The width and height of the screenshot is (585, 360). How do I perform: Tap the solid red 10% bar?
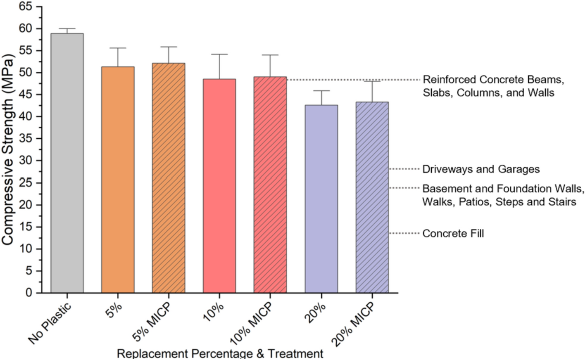(219, 186)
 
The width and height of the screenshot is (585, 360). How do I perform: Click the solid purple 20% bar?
(321, 199)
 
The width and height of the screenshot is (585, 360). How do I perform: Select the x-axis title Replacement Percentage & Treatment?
(220, 354)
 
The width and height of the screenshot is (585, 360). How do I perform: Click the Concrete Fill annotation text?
(453, 234)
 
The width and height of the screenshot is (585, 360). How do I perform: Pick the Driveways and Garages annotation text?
(481, 169)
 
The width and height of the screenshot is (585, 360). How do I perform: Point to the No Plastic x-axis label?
(50, 323)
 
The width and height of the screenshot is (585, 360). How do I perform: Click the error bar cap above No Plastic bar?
(67, 29)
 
